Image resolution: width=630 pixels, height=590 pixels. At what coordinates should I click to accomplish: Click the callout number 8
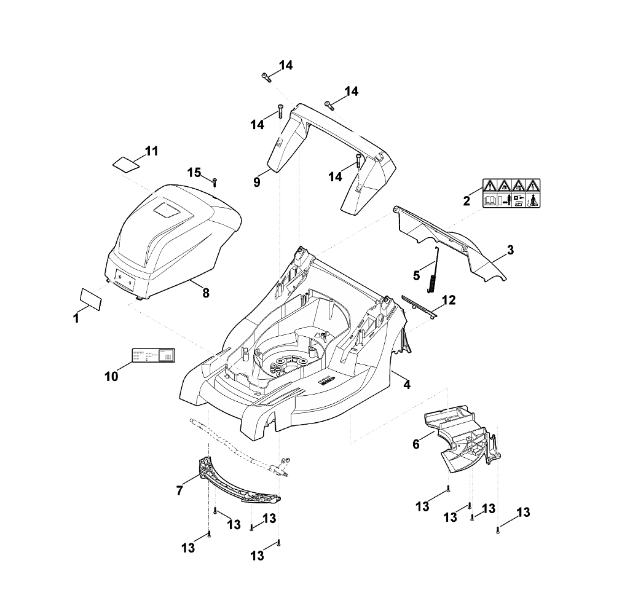click(x=206, y=293)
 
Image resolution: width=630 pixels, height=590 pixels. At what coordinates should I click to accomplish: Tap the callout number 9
click(x=258, y=183)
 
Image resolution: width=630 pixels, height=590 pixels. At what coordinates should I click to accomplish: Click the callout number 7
click(x=180, y=490)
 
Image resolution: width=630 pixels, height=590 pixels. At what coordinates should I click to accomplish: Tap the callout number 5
click(x=416, y=275)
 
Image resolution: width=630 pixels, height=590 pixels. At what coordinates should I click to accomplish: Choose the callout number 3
click(x=510, y=251)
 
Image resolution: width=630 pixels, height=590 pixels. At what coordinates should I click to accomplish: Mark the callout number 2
click(x=467, y=200)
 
